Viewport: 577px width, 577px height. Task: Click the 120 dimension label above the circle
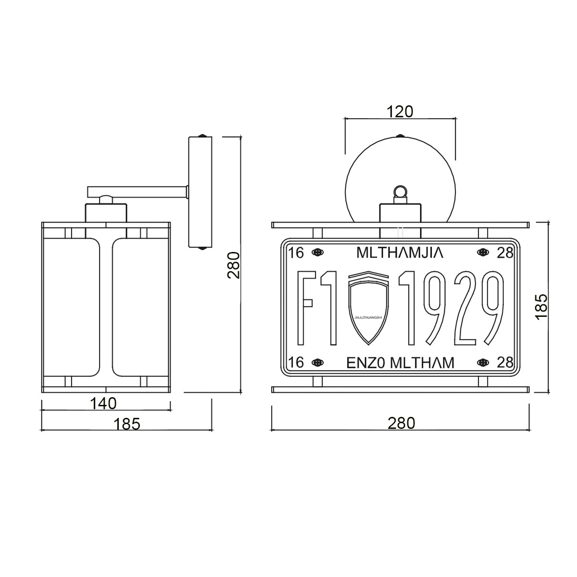(400, 112)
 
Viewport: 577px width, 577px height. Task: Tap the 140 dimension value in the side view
(103, 403)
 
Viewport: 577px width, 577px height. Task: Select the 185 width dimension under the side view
(127, 424)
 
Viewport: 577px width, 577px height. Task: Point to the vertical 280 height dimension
(234, 265)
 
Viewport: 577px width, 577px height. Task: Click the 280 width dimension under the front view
(401, 423)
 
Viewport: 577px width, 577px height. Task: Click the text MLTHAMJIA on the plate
(400, 252)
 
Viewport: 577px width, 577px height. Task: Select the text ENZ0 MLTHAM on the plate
(400, 363)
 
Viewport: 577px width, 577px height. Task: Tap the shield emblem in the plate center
(368, 308)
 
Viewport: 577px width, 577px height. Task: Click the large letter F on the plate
(306, 308)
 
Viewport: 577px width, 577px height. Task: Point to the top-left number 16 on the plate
(296, 252)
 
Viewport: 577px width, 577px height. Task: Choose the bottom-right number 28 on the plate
(505, 363)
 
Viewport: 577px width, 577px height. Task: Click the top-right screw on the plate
(482, 252)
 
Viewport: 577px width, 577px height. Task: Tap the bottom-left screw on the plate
(317, 363)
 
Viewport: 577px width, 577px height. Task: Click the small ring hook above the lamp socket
(400, 192)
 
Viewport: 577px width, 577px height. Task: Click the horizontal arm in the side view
(137, 192)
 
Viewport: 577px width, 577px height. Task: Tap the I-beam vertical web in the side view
(106, 308)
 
